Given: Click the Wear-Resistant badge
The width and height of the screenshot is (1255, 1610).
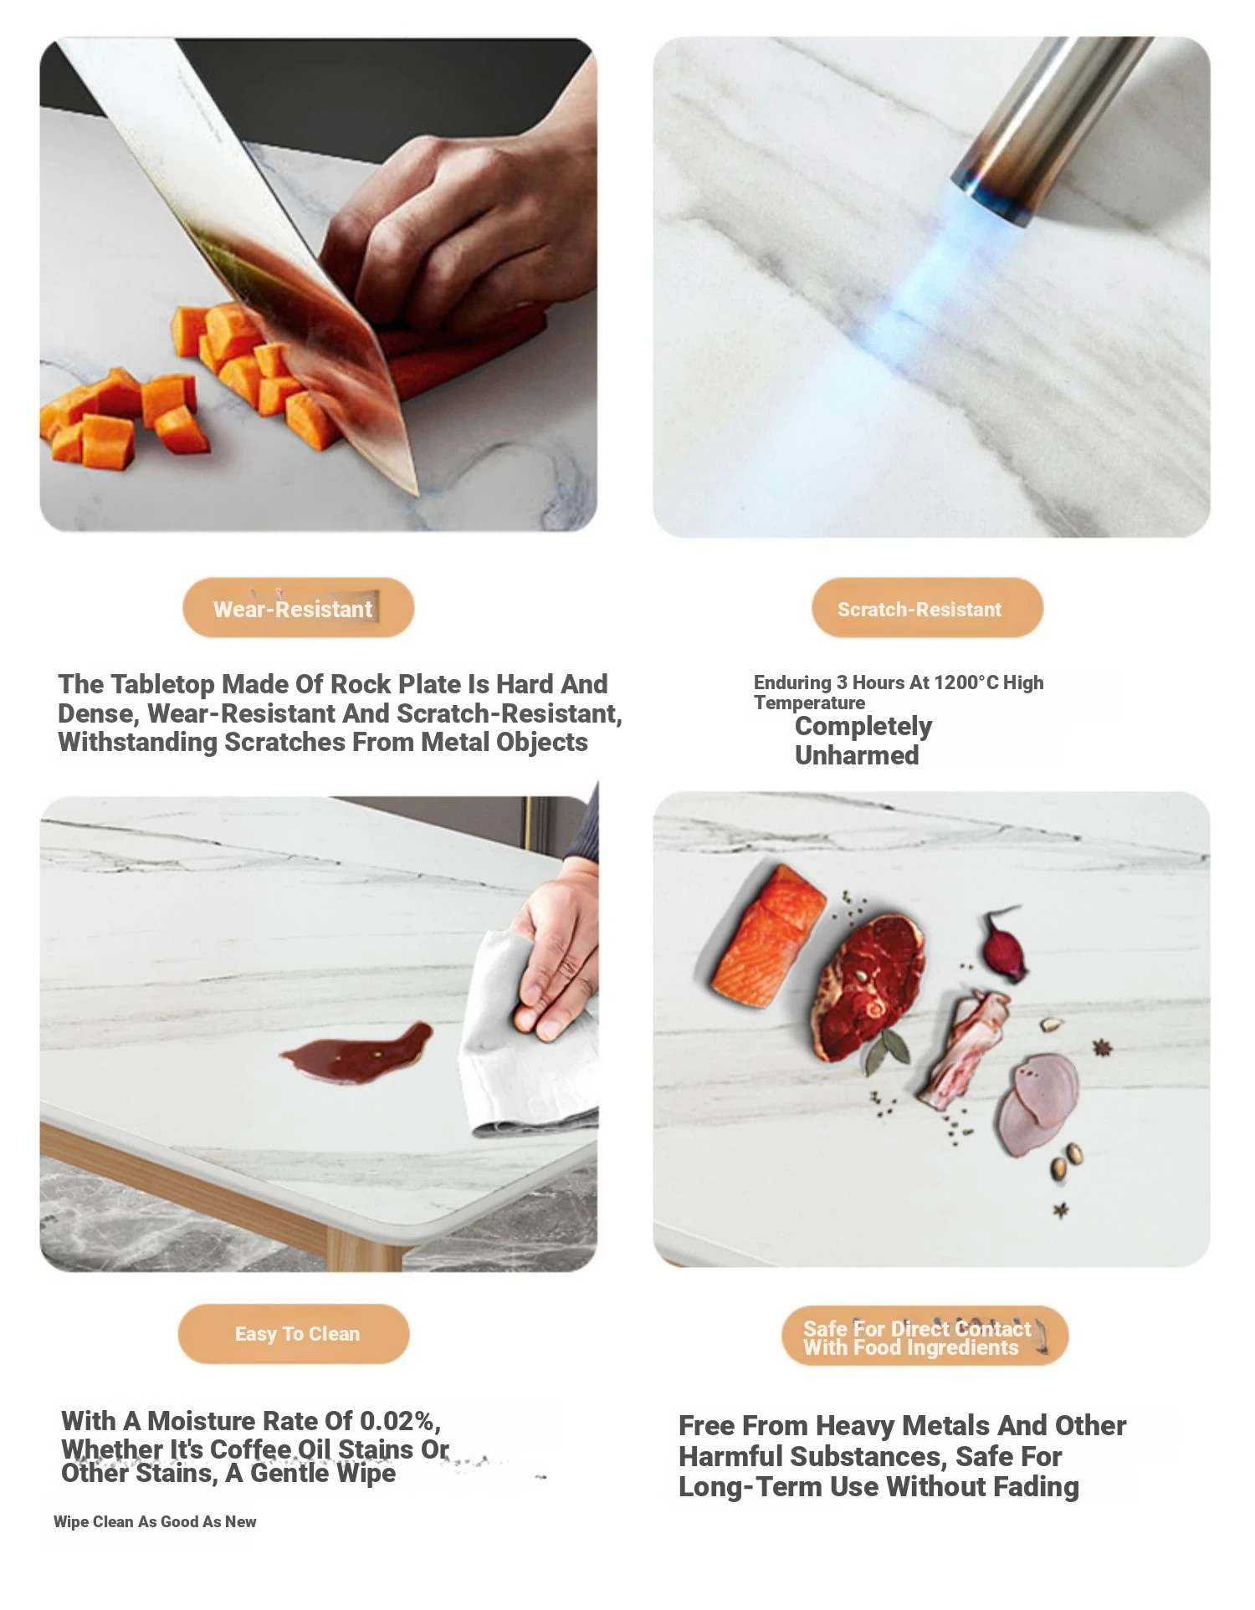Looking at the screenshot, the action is click(x=299, y=608).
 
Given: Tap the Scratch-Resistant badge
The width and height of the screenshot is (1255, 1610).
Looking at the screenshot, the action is click(x=927, y=608).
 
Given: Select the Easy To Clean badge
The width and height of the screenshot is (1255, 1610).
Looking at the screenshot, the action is click(x=294, y=1334).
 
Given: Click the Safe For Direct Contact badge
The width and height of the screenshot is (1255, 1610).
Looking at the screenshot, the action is click(x=925, y=1337).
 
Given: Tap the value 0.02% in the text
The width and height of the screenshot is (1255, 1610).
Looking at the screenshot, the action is click(x=397, y=1421).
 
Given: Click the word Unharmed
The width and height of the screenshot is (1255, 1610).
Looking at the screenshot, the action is click(x=857, y=755).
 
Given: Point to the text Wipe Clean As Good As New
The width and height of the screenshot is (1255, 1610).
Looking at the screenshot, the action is click(x=155, y=1521).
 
